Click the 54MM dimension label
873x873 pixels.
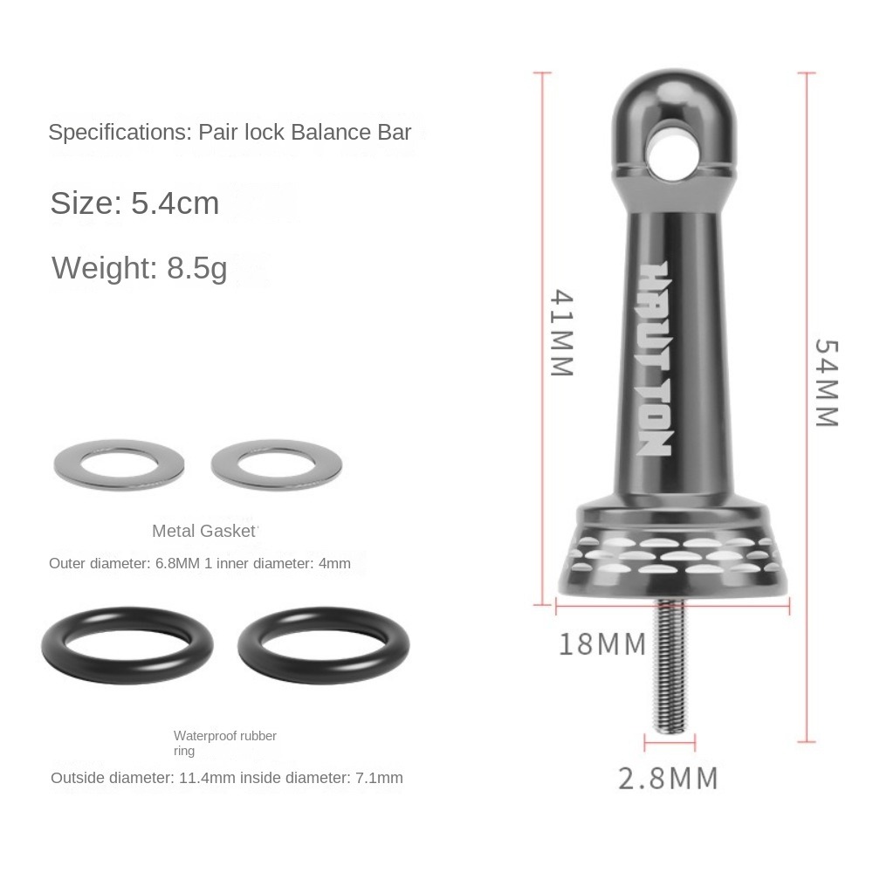825,382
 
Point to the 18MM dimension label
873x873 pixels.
602,645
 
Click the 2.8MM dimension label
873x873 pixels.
668,778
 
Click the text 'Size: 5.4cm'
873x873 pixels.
134,203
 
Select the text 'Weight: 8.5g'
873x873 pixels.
140,267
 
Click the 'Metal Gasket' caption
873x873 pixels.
205,531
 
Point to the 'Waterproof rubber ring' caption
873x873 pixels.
224,743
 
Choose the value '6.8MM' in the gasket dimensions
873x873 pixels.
177,563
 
